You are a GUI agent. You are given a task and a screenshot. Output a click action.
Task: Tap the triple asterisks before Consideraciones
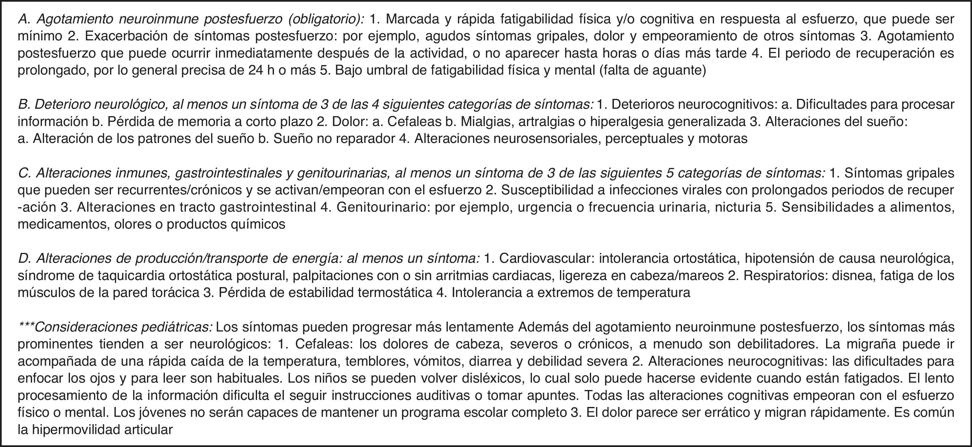[27, 326]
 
